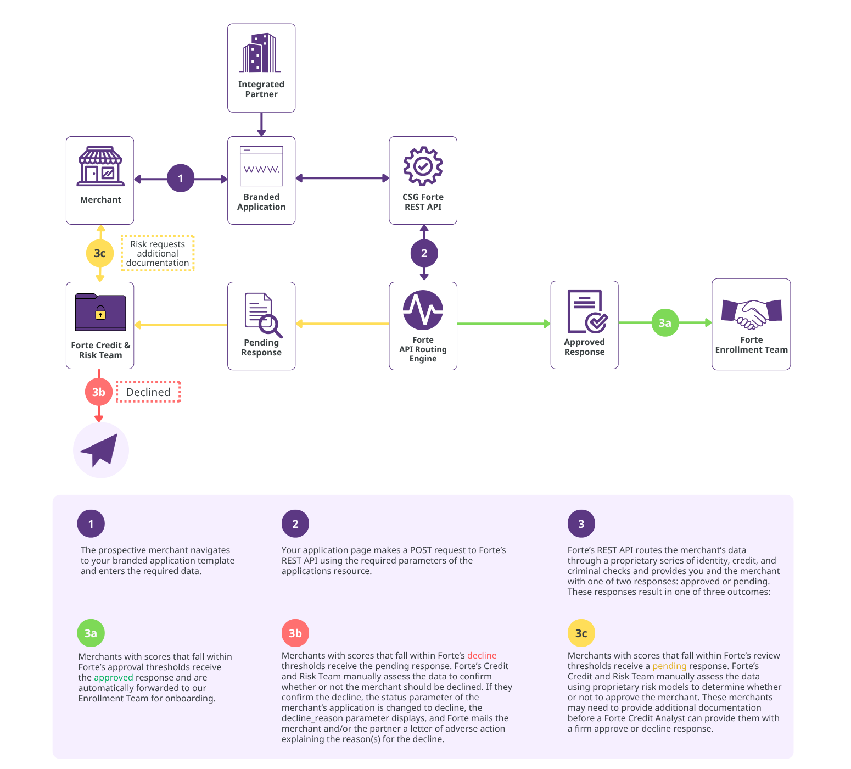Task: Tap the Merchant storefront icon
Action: coord(100,166)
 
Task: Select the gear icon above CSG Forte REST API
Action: coord(423,166)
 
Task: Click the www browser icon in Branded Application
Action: coord(261,166)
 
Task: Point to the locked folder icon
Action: coord(100,312)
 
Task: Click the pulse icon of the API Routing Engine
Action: coord(423,310)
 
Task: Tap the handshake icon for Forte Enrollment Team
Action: coord(751,313)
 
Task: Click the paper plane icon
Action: coord(101,450)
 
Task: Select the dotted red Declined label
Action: coord(148,392)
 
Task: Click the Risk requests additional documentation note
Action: coord(158,253)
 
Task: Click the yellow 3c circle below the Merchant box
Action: coord(100,253)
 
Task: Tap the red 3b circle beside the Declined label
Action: coord(99,392)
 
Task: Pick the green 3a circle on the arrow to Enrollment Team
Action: coord(665,323)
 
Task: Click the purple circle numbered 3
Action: coord(581,524)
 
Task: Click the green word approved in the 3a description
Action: coord(114,678)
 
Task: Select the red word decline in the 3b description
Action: coord(482,656)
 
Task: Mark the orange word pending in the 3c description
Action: coord(669,666)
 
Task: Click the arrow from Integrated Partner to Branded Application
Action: coord(261,125)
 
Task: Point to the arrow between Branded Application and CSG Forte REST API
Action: coord(342,178)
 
